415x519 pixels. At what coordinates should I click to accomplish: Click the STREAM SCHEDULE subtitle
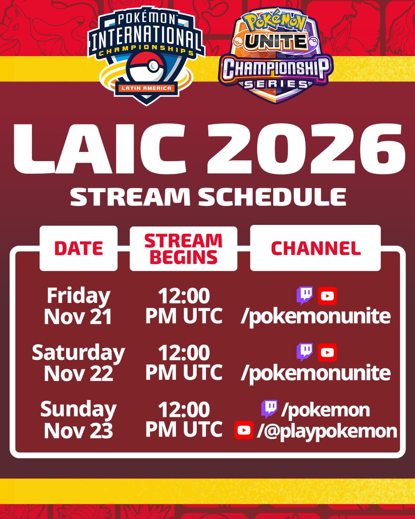[x=208, y=197]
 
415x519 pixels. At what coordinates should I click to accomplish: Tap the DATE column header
[x=78, y=248]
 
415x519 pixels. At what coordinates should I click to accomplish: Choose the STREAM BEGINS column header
[x=183, y=249]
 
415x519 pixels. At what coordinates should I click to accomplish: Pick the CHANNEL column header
[x=316, y=248]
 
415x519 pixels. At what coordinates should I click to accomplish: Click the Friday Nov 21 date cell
[x=78, y=307]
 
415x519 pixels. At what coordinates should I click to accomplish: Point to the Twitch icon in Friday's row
[x=305, y=296]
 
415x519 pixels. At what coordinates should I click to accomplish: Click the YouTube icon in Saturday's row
[x=327, y=352]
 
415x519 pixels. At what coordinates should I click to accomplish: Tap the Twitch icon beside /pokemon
[x=269, y=409]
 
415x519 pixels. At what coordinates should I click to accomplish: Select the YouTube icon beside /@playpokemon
[x=244, y=430]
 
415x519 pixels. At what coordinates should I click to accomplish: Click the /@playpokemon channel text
[x=326, y=431]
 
